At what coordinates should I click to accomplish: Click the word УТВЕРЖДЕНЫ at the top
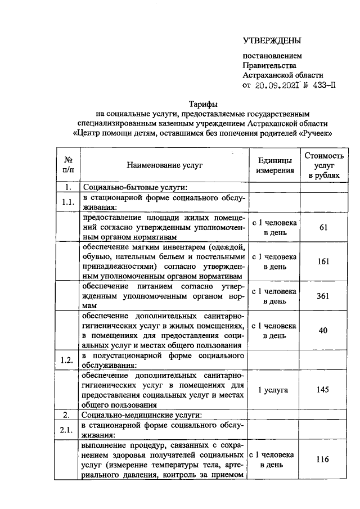pyautogui.click(x=272, y=40)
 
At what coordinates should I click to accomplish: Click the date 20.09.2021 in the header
pyautogui.click(x=273, y=86)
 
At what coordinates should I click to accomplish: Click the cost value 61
pyautogui.click(x=323, y=227)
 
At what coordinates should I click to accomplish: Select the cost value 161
pyautogui.click(x=323, y=261)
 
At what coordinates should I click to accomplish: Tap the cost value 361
pyautogui.click(x=323, y=296)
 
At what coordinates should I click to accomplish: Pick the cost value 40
pyautogui.click(x=323, y=331)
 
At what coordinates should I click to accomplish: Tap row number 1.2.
pyautogui.click(x=68, y=361)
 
